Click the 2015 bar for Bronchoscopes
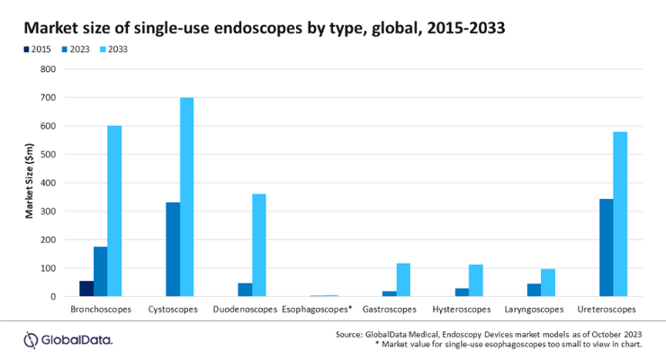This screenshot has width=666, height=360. (86, 289)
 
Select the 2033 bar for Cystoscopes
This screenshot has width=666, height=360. (187, 197)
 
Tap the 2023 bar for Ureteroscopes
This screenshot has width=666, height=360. (606, 247)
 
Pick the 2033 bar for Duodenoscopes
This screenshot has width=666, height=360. (259, 246)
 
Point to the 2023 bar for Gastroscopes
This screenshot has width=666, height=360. (390, 293)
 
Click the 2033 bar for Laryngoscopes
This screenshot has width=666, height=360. (548, 283)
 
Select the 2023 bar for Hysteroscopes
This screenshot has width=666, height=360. (462, 292)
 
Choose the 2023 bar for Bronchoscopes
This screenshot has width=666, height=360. (100, 272)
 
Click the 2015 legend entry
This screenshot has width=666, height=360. (38, 49)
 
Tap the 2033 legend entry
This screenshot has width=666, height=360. (113, 49)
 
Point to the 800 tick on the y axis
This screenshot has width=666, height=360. (48, 69)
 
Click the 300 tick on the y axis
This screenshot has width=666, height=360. (48, 211)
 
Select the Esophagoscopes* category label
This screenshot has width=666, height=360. (318, 310)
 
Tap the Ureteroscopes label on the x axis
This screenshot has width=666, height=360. (606, 310)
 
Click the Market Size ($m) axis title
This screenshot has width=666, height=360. (29, 181)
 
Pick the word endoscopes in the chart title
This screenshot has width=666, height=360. (245, 29)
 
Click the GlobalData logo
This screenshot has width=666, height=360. (68, 340)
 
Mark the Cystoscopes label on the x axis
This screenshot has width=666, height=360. (173, 310)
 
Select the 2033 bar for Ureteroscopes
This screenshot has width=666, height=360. (620, 214)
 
